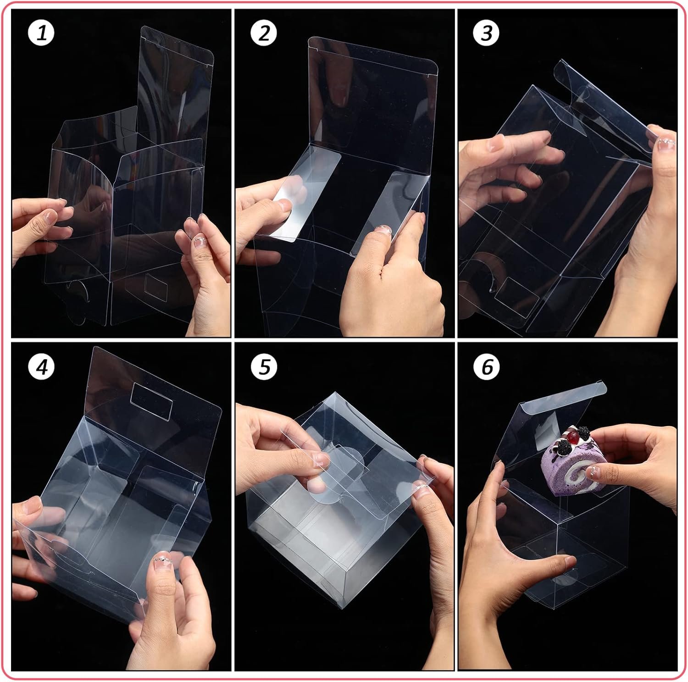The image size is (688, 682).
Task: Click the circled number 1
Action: click(x=41, y=33)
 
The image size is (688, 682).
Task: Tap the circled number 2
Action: click(x=264, y=33)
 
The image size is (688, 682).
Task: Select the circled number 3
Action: click(x=487, y=33)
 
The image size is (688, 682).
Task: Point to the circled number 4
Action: click(x=41, y=366)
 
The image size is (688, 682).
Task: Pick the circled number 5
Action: click(x=264, y=366)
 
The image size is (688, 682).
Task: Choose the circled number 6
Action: click(x=487, y=366)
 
